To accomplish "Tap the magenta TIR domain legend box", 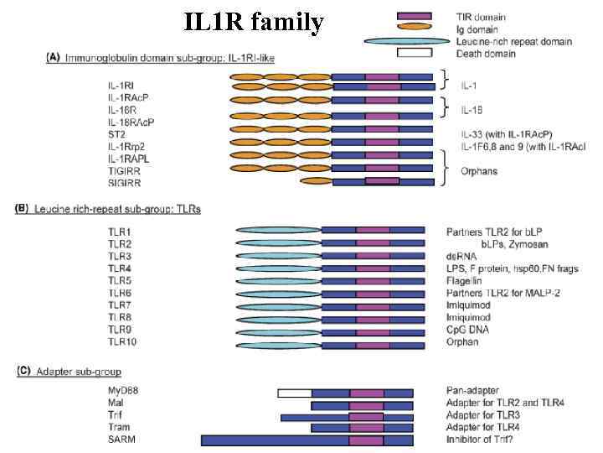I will (x=414, y=16).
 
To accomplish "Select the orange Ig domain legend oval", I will (x=414, y=29).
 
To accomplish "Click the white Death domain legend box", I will (x=414, y=53).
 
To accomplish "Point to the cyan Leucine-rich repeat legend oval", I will (x=409, y=41).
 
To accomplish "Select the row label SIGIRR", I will (x=123, y=181).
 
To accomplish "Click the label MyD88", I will (x=122, y=392).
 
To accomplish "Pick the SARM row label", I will (x=121, y=440).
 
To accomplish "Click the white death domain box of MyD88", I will (x=294, y=393).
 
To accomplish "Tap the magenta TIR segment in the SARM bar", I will (x=366, y=440).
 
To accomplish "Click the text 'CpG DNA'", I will (x=468, y=331).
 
